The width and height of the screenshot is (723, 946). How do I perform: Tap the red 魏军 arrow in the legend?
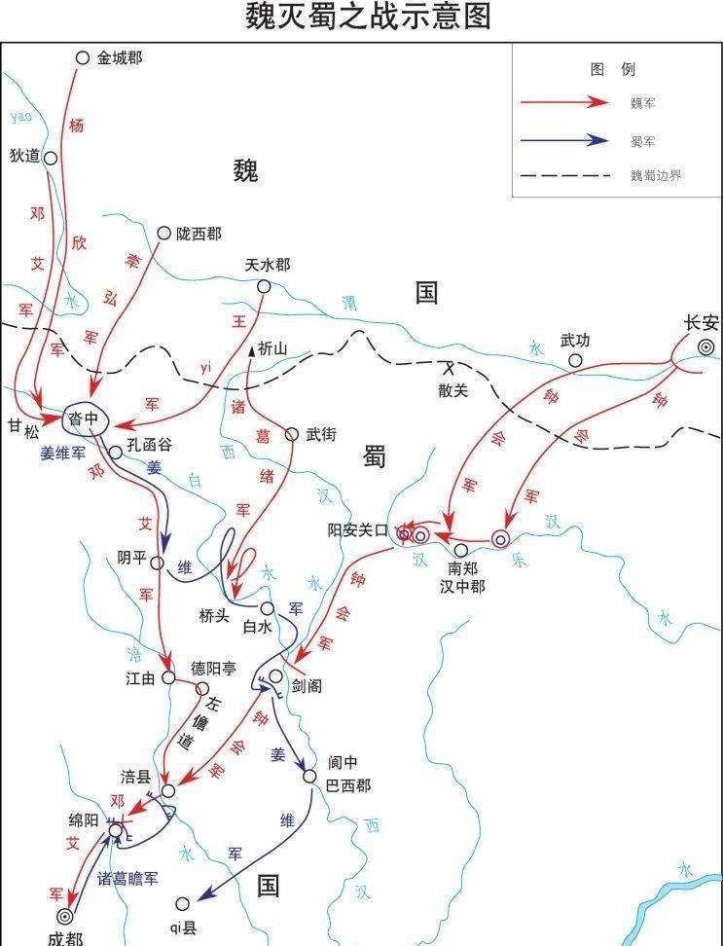coord(564,102)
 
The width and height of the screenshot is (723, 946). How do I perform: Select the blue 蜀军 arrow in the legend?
coord(564,139)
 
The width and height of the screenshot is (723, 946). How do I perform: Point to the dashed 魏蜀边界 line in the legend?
coord(564,176)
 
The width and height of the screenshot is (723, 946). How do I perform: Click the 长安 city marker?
coord(706,347)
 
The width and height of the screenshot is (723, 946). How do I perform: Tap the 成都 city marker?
coord(65,916)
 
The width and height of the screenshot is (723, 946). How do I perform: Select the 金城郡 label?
coord(120,58)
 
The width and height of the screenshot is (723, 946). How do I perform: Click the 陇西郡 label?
coord(199,234)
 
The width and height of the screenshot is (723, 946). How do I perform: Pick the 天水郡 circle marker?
coord(263,286)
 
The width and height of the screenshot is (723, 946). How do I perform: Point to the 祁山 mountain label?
coord(273,349)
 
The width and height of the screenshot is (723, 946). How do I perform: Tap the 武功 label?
coord(575,341)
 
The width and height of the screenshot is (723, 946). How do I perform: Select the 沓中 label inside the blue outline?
coord(84,418)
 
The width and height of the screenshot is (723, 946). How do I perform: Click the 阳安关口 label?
coord(357,531)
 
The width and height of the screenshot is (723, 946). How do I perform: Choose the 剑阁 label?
coord(306,686)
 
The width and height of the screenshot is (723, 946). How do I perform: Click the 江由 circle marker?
coord(168,677)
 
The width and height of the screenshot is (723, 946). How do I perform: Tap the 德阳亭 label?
coord(214,669)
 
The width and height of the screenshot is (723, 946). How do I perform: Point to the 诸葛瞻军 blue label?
coord(127,877)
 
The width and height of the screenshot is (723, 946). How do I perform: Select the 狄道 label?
coord(22,156)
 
